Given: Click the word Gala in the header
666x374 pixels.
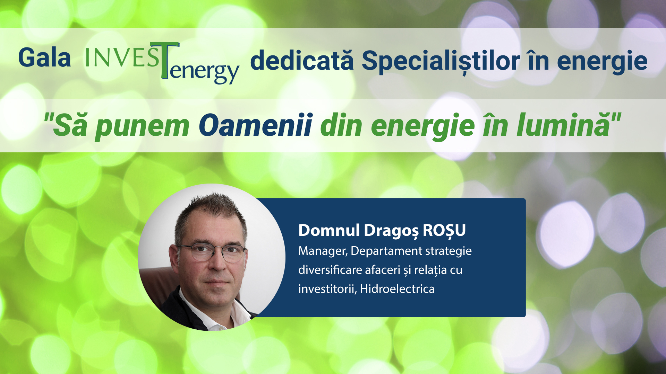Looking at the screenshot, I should (44, 58).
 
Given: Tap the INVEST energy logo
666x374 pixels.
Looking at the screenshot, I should (162, 62).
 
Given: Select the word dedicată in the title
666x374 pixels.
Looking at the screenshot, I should (301, 61).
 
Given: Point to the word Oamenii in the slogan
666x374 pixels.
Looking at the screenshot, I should (255, 125).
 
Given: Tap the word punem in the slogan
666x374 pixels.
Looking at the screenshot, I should (142, 126).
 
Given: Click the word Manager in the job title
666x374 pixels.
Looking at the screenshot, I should (322, 251).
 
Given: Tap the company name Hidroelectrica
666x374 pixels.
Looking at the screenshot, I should (397, 289).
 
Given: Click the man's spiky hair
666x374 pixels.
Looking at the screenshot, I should (212, 208).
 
